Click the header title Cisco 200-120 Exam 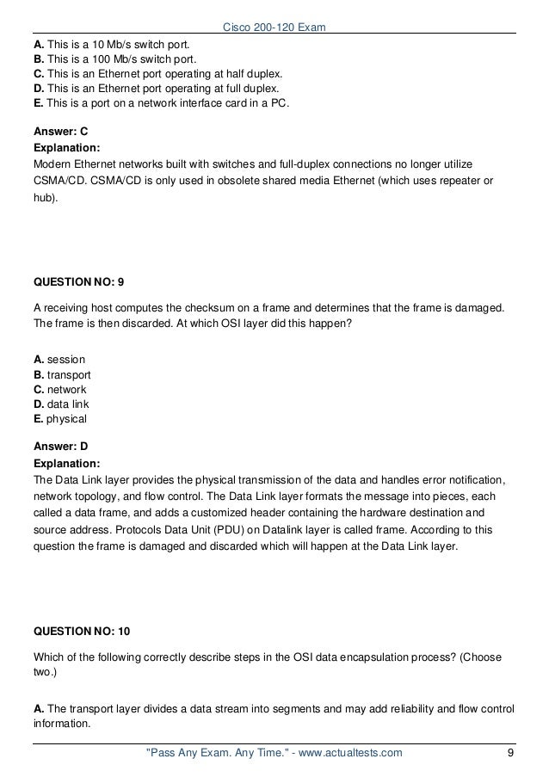(274, 9)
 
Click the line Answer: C (60, 133)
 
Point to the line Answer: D (60, 446)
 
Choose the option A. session (59, 359)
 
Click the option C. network (59, 390)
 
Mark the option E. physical (59, 418)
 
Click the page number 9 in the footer (511, 754)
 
